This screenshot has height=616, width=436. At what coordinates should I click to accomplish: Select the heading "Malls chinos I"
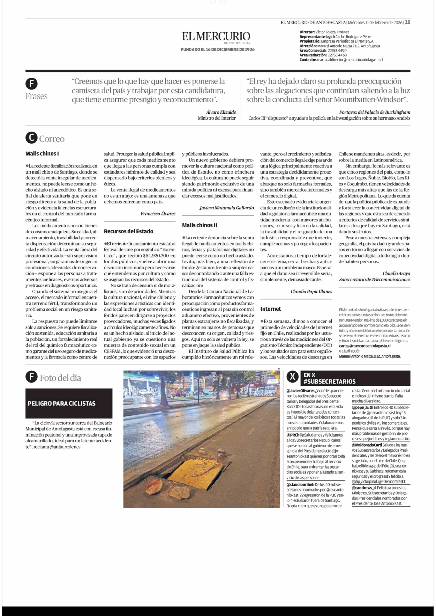tap(42, 154)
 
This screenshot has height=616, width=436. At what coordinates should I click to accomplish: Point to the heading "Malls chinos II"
tap(199, 225)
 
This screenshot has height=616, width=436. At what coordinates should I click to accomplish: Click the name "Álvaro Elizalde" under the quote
tap(221, 112)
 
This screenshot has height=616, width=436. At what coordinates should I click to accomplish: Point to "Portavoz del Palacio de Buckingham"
tap(375, 112)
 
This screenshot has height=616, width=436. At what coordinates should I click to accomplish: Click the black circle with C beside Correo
tap(31, 138)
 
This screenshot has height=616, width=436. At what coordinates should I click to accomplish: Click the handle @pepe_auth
tap(362, 407)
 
